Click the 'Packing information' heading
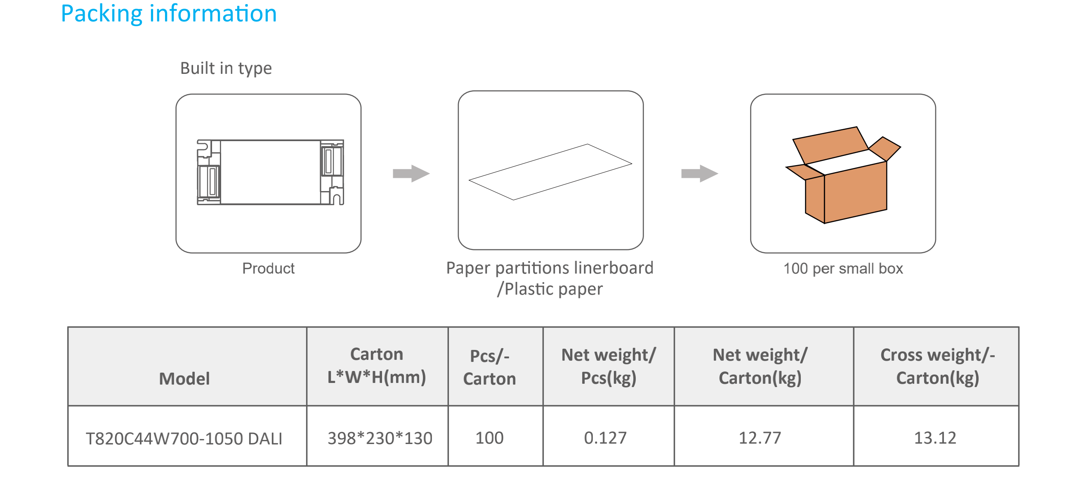(168, 14)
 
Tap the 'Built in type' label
(226, 68)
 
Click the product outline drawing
(270, 172)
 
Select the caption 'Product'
(268, 268)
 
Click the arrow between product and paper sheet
(411, 173)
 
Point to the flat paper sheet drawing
(550, 172)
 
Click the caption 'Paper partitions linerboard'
(549, 268)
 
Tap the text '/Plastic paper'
(549, 289)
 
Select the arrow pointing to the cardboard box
(699, 173)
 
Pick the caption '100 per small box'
(842, 268)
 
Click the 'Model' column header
(184, 378)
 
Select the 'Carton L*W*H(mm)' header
(376, 366)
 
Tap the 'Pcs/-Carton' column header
(489, 367)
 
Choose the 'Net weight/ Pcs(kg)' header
(608, 366)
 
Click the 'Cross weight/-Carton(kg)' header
(937, 366)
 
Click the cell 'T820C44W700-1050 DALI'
(184, 439)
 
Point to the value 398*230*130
(379, 438)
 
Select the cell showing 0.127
(605, 438)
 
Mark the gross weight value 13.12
(934, 438)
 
